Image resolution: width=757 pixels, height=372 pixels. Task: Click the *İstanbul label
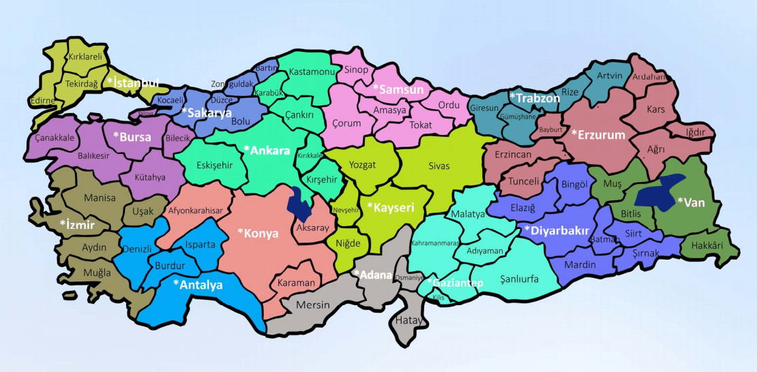[133, 83]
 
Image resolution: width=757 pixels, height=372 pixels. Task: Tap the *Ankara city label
[267, 151]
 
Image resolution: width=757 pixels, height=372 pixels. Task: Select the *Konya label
[258, 233]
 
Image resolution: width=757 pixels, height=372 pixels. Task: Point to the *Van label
[690, 202]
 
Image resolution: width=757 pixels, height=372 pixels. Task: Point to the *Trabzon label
[535, 98]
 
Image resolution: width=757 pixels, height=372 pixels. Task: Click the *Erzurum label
[598, 135]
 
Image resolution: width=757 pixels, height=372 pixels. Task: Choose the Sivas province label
[439, 166]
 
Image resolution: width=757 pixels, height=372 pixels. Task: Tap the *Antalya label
[198, 285]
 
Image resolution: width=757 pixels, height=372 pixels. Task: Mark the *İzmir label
[76, 223]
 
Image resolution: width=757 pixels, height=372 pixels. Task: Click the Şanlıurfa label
[520, 279]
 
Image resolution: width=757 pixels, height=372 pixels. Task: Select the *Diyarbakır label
[556, 230]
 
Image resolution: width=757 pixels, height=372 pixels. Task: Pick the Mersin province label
[313, 305]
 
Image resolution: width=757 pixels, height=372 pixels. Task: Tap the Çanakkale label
[55, 138]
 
